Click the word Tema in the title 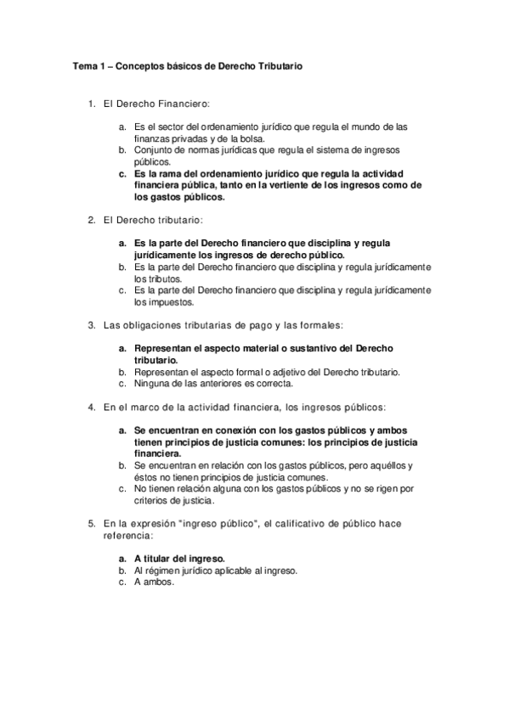83,65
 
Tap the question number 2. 92,221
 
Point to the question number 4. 92,407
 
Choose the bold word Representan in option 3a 164,348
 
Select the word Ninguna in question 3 152,383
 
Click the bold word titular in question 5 161,559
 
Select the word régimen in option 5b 161,571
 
